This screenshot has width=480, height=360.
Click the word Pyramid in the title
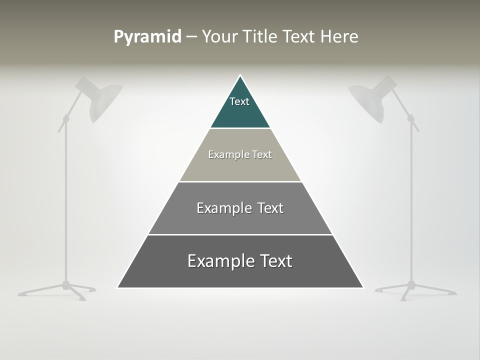147,37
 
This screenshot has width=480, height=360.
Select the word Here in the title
339,37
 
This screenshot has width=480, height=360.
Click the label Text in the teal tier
239,101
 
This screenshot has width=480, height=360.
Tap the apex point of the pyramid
240,76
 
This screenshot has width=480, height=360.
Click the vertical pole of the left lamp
65,200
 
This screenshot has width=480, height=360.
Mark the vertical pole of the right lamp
412,200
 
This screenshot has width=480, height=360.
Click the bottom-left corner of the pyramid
118,287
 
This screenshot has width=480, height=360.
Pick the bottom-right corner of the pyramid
362,287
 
